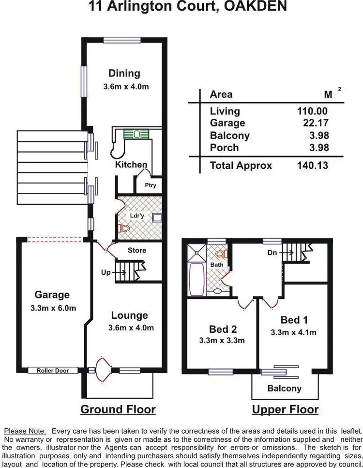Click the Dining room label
coord(124,74)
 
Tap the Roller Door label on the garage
coord(52,371)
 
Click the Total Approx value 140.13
coord(312,165)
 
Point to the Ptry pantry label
coord(151,185)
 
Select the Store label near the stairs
coord(136,250)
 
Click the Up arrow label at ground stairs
coord(106,273)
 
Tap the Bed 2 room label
coord(223,329)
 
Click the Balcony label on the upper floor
coord(285,388)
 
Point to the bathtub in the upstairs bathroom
coord(197,280)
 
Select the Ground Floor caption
coord(118,409)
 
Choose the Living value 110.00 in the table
coord(312,111)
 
